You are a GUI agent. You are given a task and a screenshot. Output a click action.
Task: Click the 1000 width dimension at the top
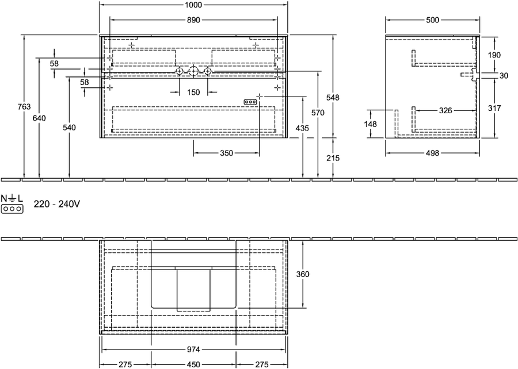193,5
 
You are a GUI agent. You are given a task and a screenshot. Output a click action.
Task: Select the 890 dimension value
193,20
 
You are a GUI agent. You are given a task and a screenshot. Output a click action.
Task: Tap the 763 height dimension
24,106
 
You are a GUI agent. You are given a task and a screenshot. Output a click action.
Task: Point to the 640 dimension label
39,118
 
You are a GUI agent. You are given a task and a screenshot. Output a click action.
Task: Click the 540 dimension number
70,127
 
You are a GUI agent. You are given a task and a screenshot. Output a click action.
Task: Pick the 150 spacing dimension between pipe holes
193,93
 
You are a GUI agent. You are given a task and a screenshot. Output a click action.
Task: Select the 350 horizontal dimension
226,153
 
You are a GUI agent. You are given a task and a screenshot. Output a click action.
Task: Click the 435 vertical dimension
303,128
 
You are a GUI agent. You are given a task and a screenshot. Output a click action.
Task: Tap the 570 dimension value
318,113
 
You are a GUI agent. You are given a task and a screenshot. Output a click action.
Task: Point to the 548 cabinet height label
333,98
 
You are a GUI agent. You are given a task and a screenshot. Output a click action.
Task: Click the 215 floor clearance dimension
333,158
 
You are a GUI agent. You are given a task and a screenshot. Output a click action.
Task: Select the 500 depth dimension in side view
432,20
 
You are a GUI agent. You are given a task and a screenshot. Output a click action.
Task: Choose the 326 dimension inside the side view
445,110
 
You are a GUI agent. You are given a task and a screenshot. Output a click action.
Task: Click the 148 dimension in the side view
371,124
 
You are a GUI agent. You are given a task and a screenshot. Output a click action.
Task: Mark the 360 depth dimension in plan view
303,274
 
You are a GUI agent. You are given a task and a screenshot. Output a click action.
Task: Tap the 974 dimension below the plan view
193,349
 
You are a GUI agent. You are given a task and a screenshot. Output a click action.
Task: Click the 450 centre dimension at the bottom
193,364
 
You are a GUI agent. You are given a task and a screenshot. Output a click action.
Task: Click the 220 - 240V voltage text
57,205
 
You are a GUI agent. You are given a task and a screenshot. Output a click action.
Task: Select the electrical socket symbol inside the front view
250,102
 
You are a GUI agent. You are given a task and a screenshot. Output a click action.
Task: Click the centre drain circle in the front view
193,71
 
